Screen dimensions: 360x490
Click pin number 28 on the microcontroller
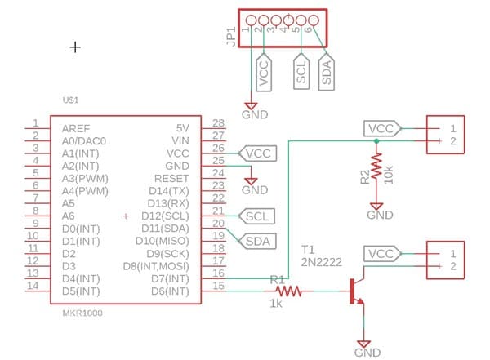(218, 123)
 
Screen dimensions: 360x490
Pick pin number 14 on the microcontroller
(33, 287)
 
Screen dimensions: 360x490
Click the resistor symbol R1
(289, 291)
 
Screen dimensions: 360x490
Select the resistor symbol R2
(376, 167)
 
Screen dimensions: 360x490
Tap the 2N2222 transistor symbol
(355, 291)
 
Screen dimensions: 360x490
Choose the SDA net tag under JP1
(326, 72)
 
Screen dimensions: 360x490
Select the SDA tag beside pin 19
(259, 241)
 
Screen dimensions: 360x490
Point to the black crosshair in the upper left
(75, 47)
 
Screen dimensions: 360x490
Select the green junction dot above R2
(376, 142)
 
